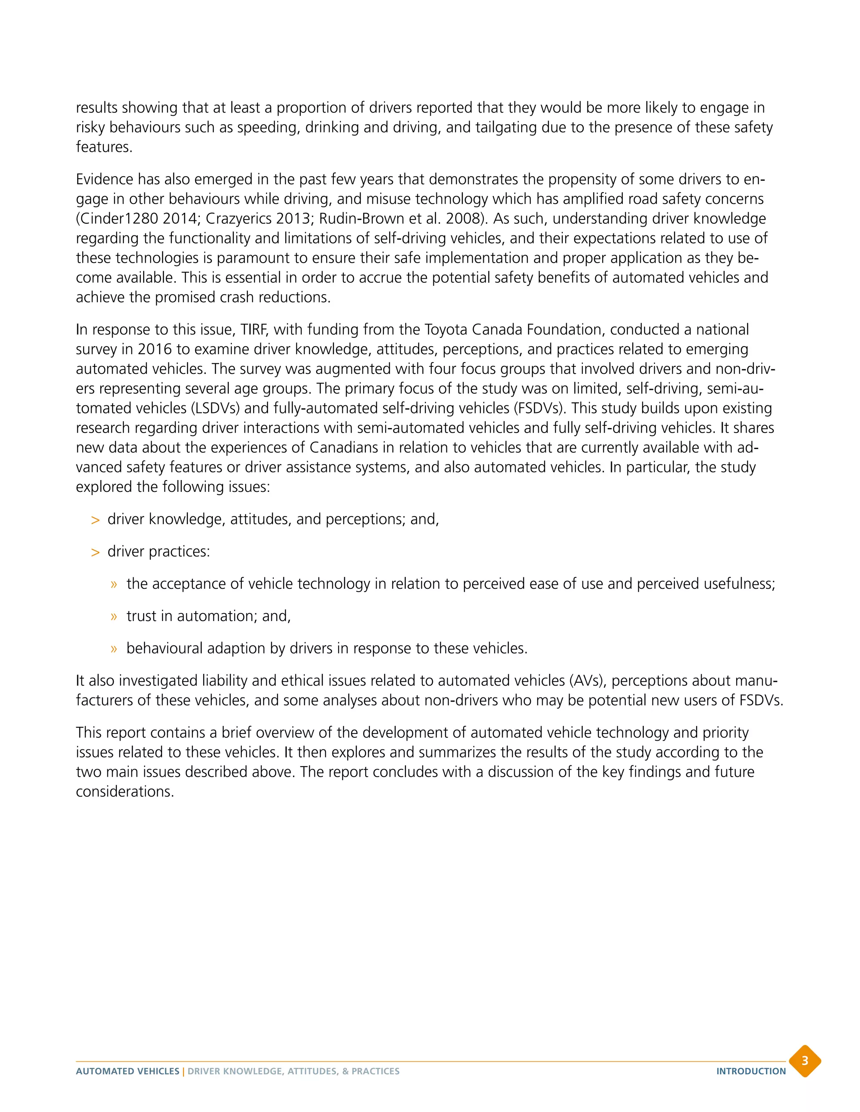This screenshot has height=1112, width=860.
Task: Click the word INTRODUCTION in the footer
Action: (751, 1071)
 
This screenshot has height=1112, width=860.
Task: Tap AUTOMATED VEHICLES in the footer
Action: (127, 1071)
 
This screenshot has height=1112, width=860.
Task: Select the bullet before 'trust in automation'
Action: (114, 616)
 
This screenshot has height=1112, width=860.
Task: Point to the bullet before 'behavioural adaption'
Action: (114, 649)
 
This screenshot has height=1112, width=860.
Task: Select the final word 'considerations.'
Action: (125, 792)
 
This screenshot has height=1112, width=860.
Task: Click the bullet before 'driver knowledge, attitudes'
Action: (95, 520)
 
